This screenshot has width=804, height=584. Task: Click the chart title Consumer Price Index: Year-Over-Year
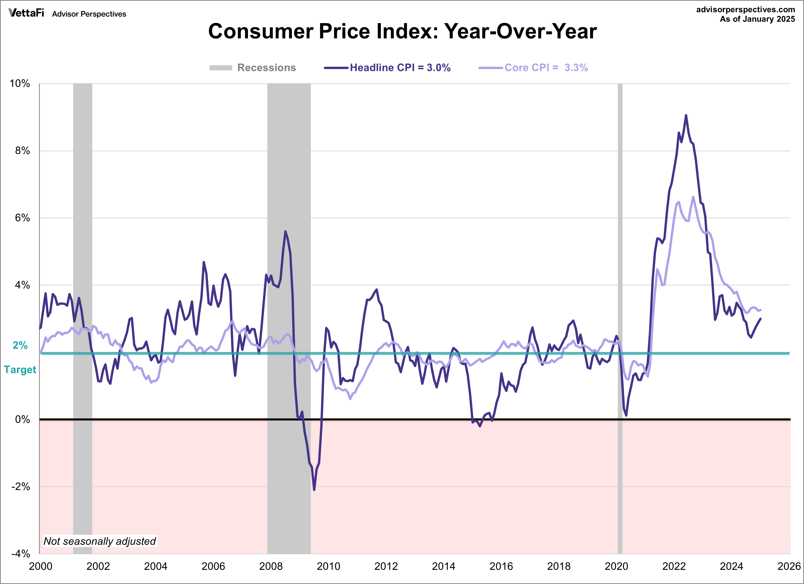point(402,31)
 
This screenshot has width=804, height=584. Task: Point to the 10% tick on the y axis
point(20,84)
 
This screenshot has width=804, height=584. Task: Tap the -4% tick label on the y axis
point(21,553)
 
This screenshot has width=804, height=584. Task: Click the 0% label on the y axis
point(22,419)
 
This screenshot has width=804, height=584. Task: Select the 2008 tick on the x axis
point(271,566)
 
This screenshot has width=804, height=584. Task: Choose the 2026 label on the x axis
point(789,566)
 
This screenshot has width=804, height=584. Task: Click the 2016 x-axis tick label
point(501,566)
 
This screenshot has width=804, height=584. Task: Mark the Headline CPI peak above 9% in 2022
point(686,115)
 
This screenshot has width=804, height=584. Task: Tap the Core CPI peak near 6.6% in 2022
point(693,197)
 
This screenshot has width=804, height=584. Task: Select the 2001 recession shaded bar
point(83,319)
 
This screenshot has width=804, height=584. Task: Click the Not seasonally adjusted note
point(100,541)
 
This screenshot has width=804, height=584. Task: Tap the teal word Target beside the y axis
point(20,370)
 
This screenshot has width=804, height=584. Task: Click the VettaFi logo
point(26,13)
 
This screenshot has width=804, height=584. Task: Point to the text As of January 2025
point(757,19)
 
